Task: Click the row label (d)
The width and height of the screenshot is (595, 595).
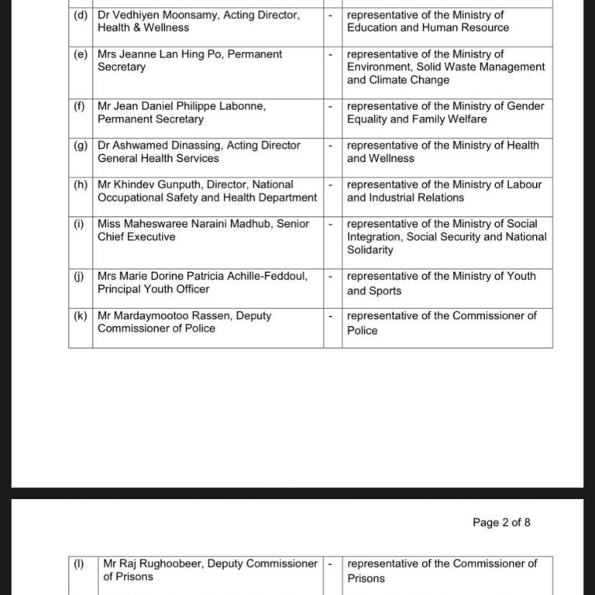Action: point(81,15)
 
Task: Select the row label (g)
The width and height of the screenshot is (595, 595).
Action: point(81,146)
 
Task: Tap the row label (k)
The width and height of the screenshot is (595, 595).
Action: point(81,316)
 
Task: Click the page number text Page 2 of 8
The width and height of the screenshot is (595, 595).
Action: point(501,522)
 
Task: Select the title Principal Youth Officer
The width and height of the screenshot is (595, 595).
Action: point(153,290)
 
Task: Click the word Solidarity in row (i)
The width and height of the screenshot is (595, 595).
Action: point(370,250)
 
